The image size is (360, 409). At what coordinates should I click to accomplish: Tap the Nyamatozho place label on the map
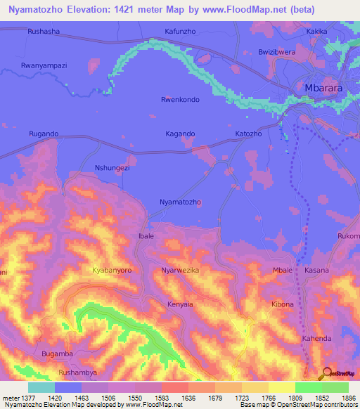[x=181, y=202]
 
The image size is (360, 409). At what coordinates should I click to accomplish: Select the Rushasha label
[x=43, y=32]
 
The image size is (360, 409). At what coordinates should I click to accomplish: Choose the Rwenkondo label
[x=180, y=100]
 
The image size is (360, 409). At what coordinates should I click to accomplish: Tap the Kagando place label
[x=180, y=134]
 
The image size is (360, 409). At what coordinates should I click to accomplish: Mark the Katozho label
[x=248, y=134]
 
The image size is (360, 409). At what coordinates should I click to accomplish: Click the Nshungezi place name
[x=112, y=168]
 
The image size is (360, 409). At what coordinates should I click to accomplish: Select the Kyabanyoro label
[x=112, y=270]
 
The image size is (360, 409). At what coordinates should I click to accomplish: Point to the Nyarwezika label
[x=181, y=270]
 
